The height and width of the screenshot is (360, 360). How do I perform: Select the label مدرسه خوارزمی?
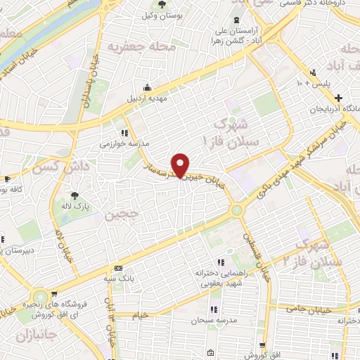click(124, 142)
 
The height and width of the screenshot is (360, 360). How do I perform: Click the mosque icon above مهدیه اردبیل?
click(147, 87)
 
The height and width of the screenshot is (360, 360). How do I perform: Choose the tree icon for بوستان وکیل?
click(162, 5)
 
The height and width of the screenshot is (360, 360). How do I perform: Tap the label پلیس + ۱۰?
click(309, 82)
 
